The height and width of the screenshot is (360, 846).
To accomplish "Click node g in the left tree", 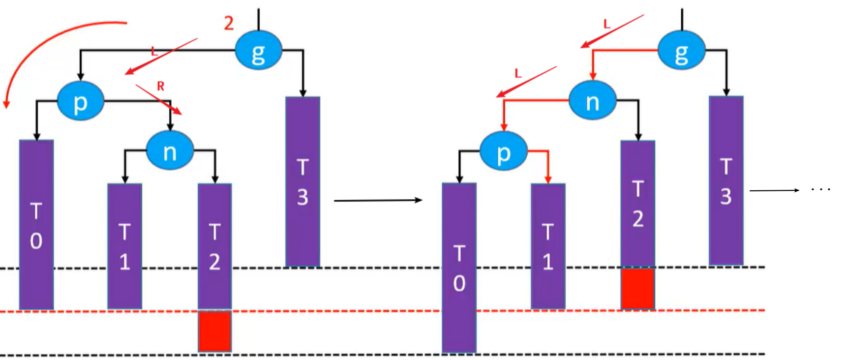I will click(258, 51).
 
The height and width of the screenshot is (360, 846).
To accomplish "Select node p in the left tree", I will click(81, 101).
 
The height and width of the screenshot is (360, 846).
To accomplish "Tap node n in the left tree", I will click(170, 151).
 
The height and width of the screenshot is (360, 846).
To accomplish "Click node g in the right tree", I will click(681, 51).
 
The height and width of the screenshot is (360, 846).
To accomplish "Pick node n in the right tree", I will click(592, 101).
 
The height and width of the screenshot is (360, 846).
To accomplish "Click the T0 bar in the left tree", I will click(36, 224).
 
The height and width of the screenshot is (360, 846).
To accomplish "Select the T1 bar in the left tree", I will click(125, 246).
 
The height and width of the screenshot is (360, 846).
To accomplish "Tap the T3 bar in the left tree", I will click(302, 181).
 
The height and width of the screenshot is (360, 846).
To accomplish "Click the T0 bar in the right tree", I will click(459, 268).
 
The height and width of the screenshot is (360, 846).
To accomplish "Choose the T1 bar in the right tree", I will click(548, 246).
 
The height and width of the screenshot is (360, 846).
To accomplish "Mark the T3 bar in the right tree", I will click(726, 180).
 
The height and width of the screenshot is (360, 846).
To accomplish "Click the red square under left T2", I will click(214, 330).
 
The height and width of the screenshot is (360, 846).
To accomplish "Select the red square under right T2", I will click(637, 288).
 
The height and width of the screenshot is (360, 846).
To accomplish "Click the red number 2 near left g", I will click(229, 23).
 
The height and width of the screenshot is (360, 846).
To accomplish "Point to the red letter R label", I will click(160, 87).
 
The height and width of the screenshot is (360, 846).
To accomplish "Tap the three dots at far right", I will click(820, 189).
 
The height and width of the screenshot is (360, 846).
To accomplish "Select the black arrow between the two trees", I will click(378, 200).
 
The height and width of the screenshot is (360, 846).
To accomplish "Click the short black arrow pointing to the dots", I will click(774, 190).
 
